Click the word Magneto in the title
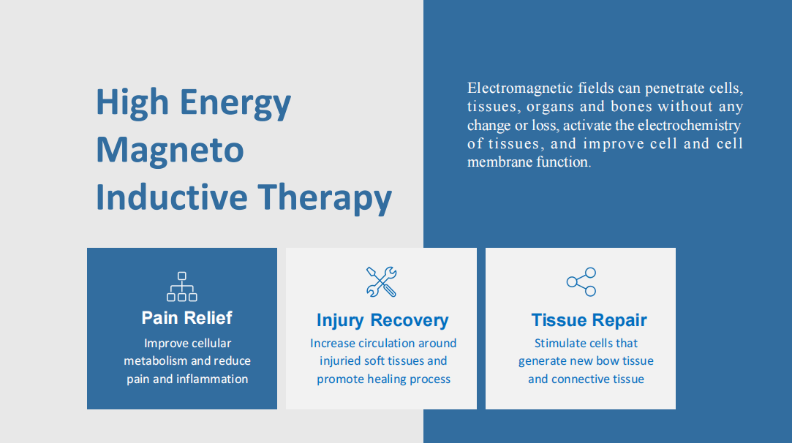click(170, 150)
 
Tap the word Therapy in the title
click(325, 197)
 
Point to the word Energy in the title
click(235, 103)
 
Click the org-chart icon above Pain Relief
click(182, 287)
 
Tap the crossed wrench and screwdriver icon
click(381, 282)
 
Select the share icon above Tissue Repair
click(581, 282)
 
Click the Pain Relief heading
click(187, 318)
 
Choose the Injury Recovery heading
click(382, 320)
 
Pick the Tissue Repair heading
click(589, 320)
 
